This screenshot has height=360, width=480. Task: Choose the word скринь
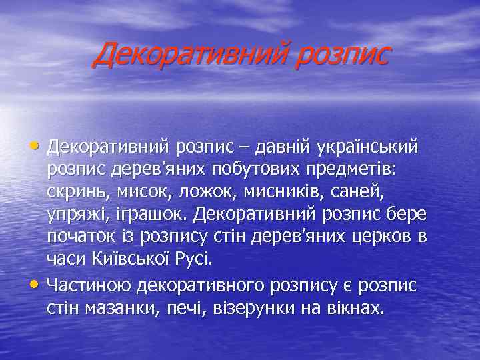coord(73,193)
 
